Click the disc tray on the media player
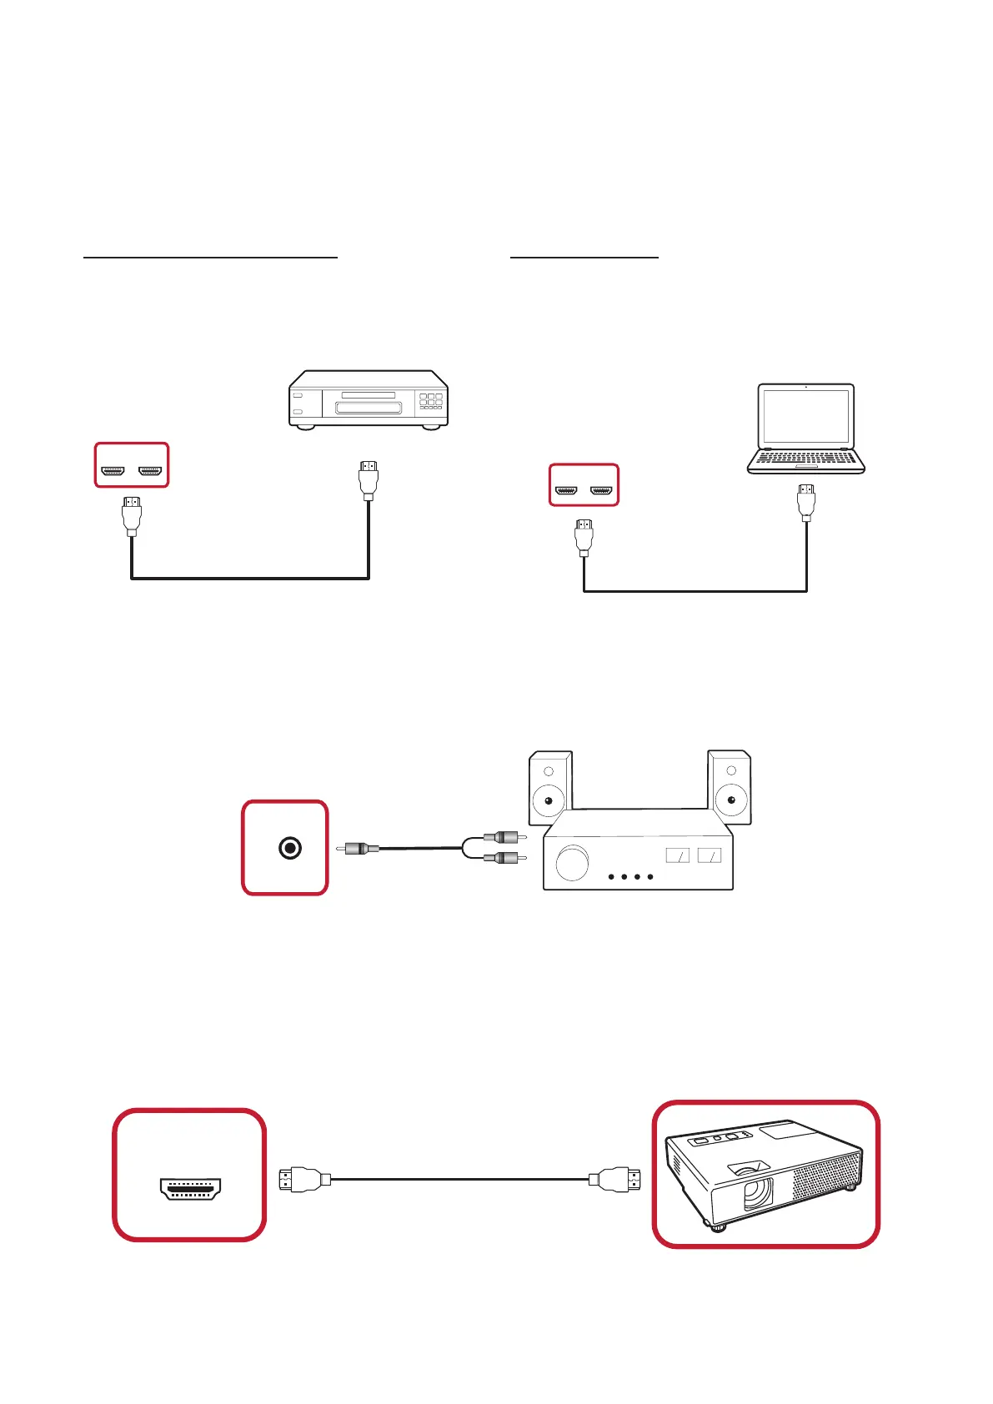(x=369, y=408)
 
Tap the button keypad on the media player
(x=430, y=400)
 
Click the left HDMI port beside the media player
(x=112, y=472)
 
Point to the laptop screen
(x=805, y=417)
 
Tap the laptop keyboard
(x=805, y=457)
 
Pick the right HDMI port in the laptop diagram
(x=602, y=490)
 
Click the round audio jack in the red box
(x=289, y=849)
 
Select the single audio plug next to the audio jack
(x=359, y=849)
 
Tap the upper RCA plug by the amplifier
(x=503, y=837)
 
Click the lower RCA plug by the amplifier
(x=503, y=858)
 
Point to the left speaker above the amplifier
(x=549, y=789)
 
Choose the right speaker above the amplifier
(x=730, y=789)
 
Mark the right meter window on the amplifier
(x=710, y=855)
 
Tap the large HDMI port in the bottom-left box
(x=190, y=1188)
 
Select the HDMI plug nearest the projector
(x=615, y=1180)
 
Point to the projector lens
(x=756, y=1193)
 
